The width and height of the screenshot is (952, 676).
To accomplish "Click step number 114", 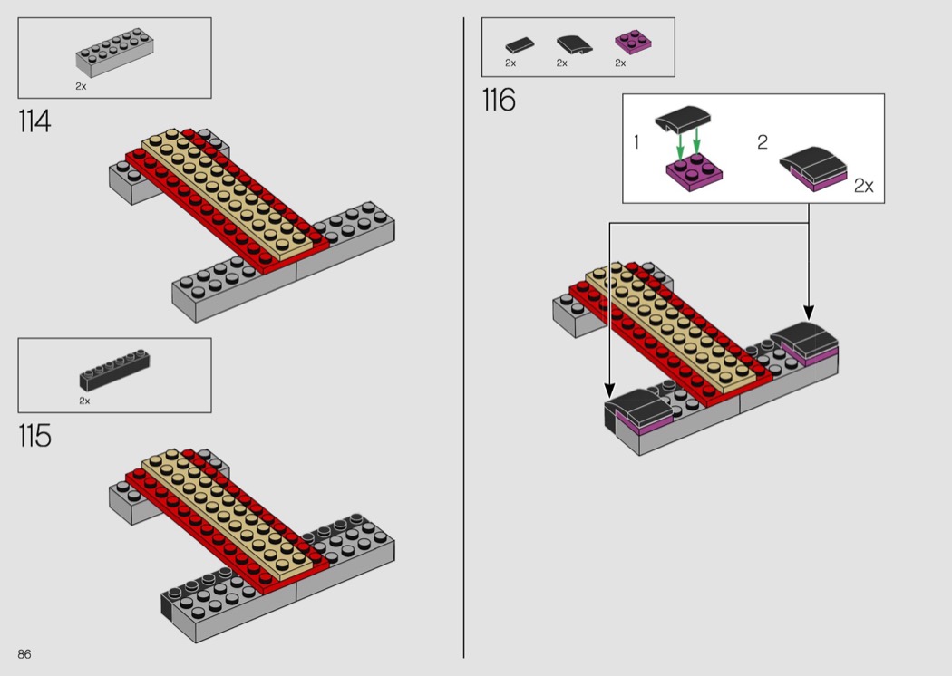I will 34,121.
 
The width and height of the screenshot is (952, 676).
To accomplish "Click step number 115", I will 34,436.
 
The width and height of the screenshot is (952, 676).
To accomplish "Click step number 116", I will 499,101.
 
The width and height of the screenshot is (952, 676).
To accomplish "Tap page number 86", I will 24,654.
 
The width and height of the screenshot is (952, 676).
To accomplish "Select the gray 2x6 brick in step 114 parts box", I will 113,55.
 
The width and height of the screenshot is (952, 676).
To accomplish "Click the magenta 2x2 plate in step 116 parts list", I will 633,43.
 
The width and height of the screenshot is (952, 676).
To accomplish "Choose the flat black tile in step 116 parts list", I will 520,43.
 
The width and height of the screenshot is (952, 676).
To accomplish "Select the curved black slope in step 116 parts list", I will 571,43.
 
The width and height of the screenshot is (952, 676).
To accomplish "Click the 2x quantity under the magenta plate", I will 620,63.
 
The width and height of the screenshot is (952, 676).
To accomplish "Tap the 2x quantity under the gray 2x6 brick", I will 81,86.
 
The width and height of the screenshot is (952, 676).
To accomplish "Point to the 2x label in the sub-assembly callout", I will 863,186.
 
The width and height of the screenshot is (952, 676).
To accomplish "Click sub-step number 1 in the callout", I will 636,142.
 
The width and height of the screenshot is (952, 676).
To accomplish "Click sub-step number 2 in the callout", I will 763,142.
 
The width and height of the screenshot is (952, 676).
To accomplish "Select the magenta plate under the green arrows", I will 694,170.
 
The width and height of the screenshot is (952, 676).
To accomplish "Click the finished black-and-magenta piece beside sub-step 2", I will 813,169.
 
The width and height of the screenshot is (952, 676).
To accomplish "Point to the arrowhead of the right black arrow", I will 809,310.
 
